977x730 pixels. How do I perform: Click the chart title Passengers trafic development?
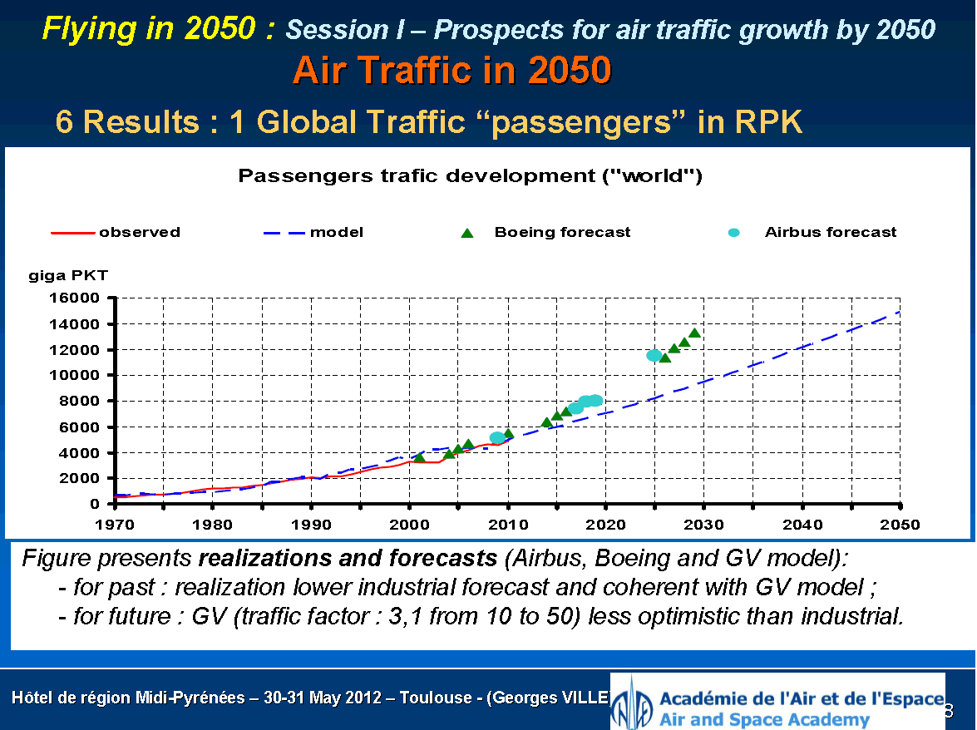(x=471, y=176)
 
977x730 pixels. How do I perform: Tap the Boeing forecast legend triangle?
(x=467, y=233)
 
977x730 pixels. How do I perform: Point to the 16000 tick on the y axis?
(x=81, y=298)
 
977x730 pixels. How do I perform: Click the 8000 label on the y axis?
(x=84, y=401)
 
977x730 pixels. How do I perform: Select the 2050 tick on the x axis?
(x=901, y=525)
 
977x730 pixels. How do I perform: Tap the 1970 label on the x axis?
(x=115, y=525)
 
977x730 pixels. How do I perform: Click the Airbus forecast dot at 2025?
(x=654, y=355)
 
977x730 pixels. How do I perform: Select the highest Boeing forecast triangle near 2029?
(x=694, y=333)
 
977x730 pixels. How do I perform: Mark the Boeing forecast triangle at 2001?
(x=419, y=457)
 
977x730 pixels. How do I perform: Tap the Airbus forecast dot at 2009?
(x=497, y=437)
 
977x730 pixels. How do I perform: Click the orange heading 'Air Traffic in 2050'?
(x=451, y=72)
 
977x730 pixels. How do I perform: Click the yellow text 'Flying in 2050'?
(x=158, y=30)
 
